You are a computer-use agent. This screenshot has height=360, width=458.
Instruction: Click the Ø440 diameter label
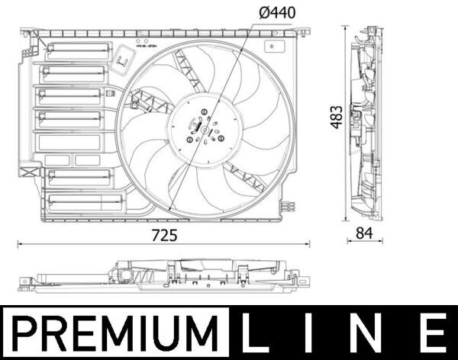276,12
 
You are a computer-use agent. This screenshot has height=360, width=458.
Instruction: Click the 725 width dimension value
164,235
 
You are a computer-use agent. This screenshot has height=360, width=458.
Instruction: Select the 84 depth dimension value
364,235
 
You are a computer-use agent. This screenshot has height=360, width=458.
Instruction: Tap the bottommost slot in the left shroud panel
84,202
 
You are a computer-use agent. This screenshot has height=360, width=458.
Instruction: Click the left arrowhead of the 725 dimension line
20,244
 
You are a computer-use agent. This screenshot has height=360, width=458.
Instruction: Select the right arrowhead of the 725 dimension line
309,244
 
